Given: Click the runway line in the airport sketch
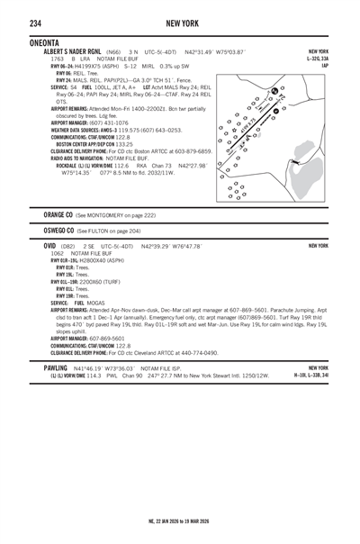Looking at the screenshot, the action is [260, 118].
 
